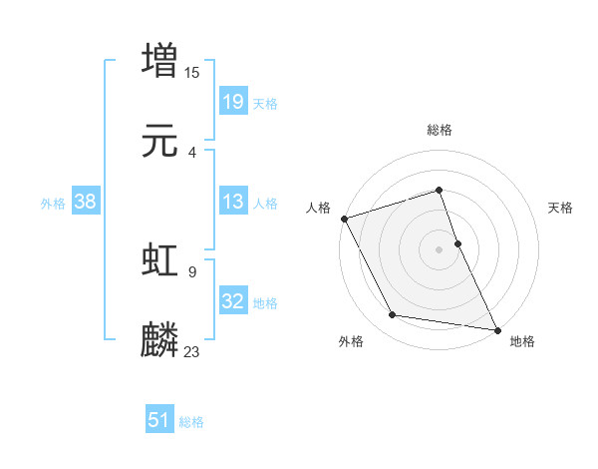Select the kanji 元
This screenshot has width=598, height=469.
(159, 142)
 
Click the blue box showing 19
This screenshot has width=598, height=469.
(232, 102)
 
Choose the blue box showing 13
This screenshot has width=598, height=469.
(232, 203)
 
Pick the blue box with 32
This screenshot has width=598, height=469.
(232, 302)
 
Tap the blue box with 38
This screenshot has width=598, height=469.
(86, 203)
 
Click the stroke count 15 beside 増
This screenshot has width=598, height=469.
(192, 72)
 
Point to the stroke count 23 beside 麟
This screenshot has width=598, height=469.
(192, 351)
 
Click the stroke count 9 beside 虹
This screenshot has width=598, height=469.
(191, 270)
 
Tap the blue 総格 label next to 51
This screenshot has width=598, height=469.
(191, 422)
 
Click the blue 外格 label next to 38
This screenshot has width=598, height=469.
(53, 204)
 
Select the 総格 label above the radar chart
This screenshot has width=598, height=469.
(439, 130)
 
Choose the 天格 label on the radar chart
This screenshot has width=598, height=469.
(560, 208)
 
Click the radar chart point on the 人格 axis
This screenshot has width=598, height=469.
(344, 219)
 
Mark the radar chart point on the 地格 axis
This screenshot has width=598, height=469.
(495, 328)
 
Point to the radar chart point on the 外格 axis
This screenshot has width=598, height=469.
(393, 315)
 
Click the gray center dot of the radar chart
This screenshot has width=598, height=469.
(439, 249)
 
